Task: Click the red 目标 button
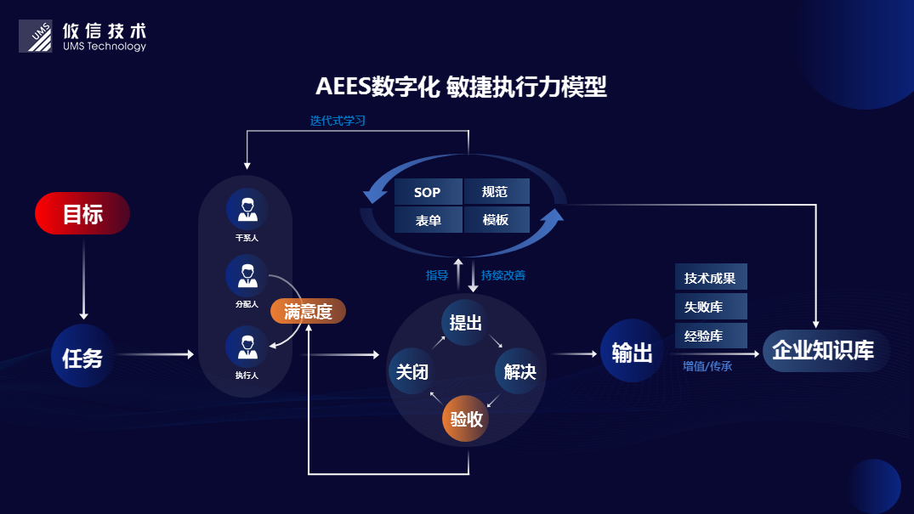(x=82, y=213)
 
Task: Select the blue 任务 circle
(x=82, y=356)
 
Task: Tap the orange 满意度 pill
(x=308, y=312)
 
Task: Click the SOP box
(x=428, y=192)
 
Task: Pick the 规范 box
(x=496, y=192)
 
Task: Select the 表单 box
(x=428, y=220)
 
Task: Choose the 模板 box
(x=496, y=220)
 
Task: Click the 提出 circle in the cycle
(x=465, y=323)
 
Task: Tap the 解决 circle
(x=519, y=371)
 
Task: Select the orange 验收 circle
(x=466, y=419)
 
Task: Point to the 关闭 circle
(x=412, y=371)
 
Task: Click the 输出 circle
(x=632, y=352)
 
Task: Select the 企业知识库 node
(x=822, y=350)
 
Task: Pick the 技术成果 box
(x=710, y=277)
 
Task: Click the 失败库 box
(x=710, y=306)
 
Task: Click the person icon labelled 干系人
(x=247, y=208)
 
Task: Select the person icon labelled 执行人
(x=247, y=347)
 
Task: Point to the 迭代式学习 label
(x=338, y=121)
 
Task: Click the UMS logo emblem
(x=36, y=36)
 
